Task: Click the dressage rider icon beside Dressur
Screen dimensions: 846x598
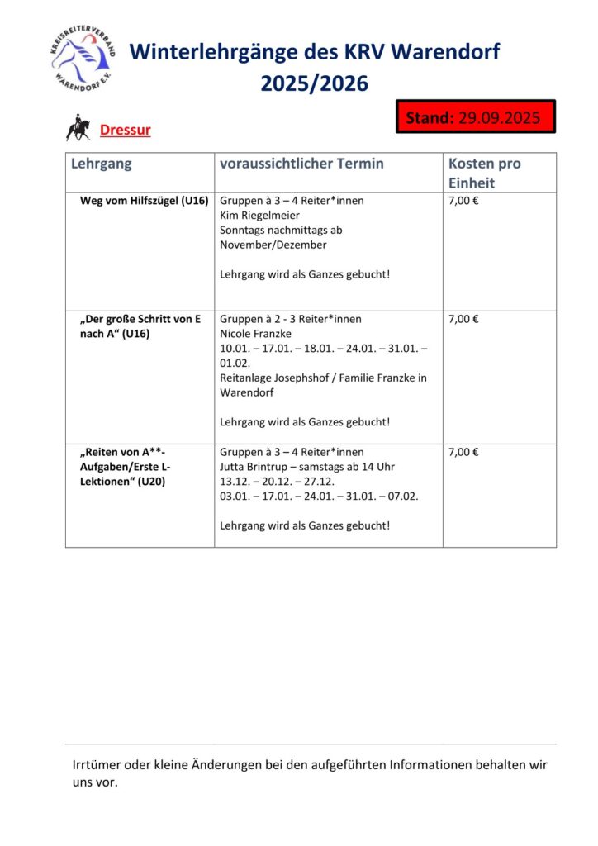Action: click(x=78, y=129)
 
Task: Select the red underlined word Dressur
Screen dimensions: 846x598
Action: click(x=125, y=130)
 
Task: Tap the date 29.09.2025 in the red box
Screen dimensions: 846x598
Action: click(x=499, y=117)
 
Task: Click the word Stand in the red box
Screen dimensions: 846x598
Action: click(x=430, y=117)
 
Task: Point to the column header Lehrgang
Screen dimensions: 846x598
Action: click(x=102, y=164)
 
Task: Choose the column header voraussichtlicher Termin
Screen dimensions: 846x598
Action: click(x=301, y=164)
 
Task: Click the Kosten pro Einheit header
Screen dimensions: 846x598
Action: click(x=485, y=173)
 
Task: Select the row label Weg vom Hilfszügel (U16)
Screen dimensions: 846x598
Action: click(x=144, y=201)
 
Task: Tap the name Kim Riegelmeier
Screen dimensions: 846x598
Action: click(x=259, y=216)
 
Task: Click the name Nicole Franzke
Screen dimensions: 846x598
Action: click(x=256, y=334)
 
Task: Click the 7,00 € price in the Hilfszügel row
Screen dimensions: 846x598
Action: click(x=464, y=201)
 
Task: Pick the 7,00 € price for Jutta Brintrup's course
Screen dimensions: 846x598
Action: click(x=464, y=452)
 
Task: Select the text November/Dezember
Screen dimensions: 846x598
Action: click(x=273, y=245)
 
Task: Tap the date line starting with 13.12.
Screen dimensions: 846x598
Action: click(x=277, y=481)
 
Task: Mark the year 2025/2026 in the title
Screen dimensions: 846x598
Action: click(x=315, y=84)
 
